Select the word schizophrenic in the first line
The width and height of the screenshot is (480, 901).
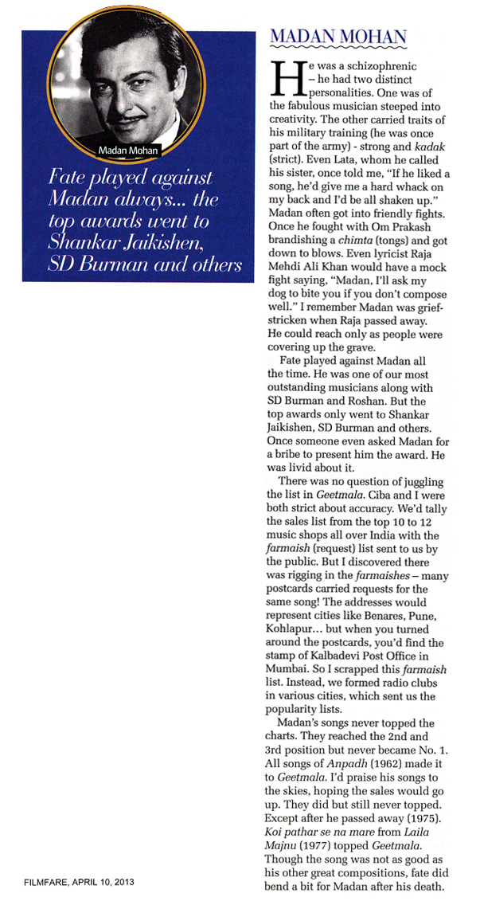pos(378,63)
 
